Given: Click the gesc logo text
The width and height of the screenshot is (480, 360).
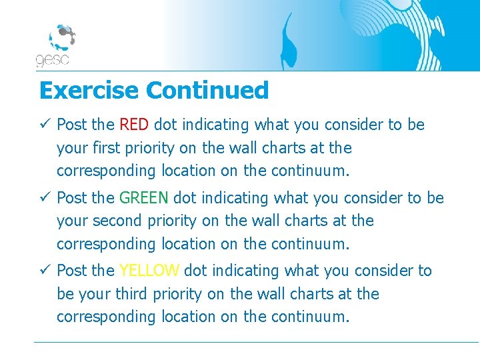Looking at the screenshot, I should point(53,60).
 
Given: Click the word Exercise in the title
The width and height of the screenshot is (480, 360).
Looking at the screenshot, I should point(89,90).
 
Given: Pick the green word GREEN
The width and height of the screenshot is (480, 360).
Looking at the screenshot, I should point(144,198).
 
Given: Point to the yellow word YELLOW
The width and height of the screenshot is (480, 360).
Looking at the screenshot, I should point(149,271).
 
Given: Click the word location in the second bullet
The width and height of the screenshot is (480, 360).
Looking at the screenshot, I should point(189,244).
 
